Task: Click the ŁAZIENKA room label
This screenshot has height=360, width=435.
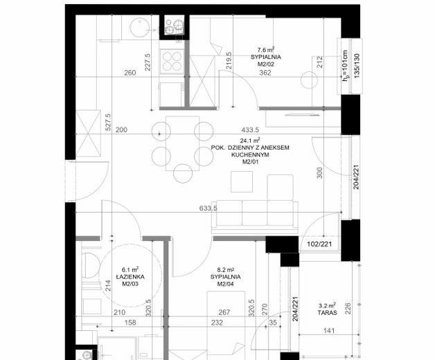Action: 130,277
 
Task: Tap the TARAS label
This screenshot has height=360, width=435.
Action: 328,312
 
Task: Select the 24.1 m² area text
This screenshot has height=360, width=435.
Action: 251,141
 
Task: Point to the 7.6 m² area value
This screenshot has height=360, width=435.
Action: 266,50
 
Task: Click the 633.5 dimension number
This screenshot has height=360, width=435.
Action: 208,208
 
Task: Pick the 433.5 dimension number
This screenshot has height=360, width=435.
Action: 250,129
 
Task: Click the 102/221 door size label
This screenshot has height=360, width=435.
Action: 319,244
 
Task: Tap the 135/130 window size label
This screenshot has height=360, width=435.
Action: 357,66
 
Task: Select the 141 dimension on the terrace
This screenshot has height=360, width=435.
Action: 329,331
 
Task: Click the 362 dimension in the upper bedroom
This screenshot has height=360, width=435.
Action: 265,73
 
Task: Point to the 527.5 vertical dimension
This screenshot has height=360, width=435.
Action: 108,122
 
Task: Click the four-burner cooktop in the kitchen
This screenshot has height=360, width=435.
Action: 172,62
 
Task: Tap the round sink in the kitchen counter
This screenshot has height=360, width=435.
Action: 140,28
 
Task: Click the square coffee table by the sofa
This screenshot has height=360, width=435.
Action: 242,181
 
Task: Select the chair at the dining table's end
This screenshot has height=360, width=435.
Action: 183,174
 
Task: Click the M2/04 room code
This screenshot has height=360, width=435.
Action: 226,284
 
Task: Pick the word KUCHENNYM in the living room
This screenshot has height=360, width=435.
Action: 250,155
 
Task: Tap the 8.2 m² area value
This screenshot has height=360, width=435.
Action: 226,269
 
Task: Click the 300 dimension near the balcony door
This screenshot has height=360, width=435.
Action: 319,173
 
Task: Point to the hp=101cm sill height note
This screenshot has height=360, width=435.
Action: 345,66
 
